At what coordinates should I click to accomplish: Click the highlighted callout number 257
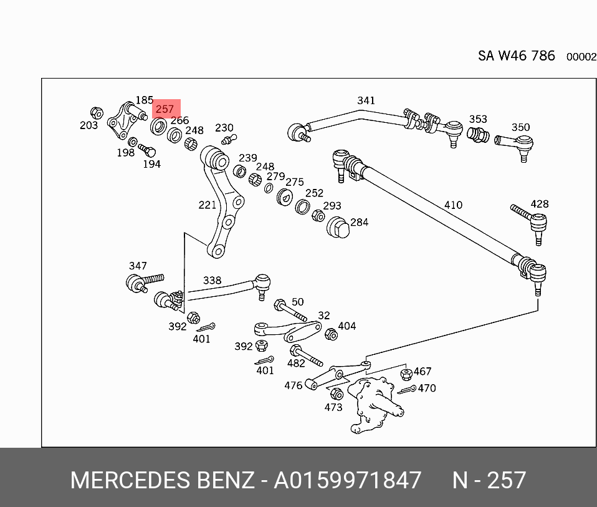165,109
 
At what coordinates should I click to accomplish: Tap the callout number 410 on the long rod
453,205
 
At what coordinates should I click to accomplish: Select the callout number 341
366,100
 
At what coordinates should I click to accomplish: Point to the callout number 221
207,205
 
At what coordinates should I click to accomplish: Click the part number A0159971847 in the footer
348,481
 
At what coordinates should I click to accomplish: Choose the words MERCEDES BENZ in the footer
163,481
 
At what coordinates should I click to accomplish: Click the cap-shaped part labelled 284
337,228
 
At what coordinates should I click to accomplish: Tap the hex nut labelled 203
97,113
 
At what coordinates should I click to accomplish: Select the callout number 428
539,204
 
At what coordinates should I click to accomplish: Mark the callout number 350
520,128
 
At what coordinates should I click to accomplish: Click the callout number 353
478,119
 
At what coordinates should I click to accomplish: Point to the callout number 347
138,266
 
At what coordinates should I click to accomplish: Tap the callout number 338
212,281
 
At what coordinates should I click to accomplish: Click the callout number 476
294,385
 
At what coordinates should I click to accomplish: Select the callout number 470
427,388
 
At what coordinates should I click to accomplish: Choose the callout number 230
224,128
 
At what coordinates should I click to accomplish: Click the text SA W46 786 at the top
516,56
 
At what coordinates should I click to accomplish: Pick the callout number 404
347,326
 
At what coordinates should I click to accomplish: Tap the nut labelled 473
336,394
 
